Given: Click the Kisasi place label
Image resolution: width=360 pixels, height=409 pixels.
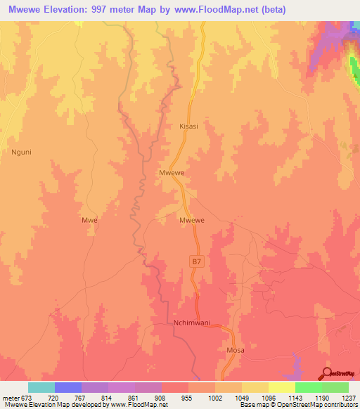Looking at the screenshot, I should coord(188,126).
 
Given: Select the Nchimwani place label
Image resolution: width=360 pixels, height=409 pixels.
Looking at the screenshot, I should coord(191,323).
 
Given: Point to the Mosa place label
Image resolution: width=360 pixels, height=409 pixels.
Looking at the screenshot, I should coord(234,349).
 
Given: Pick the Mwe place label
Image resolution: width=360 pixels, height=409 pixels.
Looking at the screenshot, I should coord(89,219).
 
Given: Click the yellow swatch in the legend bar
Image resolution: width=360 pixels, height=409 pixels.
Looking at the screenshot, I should coord(281,387).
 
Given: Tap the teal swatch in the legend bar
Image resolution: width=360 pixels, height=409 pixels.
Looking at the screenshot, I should coord(41,387).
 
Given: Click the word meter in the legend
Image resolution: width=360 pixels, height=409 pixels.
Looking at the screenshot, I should coord(11,397).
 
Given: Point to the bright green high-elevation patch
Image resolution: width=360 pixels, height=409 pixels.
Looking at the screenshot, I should coord(354,67).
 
